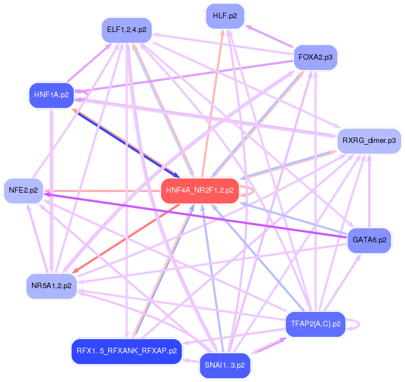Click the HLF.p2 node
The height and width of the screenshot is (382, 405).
[x=225, y=16]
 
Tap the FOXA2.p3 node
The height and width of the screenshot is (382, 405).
[x=314, y=57]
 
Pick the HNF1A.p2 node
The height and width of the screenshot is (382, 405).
[x=51, y=94]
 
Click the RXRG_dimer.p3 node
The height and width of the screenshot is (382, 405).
[x=369, y=140]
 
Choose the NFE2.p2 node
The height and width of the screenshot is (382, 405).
[x=23, y=190]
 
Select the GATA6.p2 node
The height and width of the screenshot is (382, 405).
[x=369, y=240]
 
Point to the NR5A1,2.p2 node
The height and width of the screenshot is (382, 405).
[x=51, y=286]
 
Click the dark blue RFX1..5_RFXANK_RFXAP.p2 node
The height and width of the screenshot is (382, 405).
[x=127, y=351]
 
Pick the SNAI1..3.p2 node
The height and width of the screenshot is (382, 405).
[x=225, y=365]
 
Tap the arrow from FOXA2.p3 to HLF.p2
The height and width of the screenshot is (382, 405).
[x=269, y=36]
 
